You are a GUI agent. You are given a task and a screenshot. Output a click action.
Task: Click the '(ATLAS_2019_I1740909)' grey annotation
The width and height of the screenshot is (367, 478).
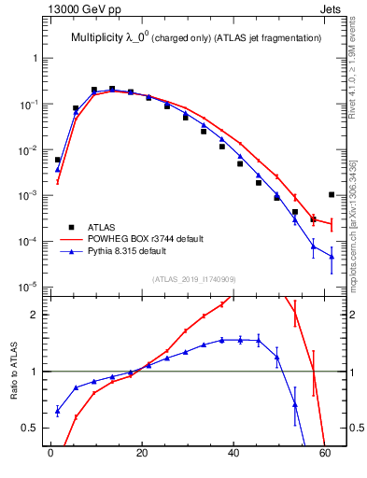[x=194, y=279]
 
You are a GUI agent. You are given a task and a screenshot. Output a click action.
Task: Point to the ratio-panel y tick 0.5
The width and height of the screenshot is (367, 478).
[x=35, y=428]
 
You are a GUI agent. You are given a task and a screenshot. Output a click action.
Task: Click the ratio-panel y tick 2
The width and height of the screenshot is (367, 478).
[x=38, y=315]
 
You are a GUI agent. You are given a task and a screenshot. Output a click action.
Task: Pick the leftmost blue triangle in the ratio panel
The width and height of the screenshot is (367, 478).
[x=58, y=411]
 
